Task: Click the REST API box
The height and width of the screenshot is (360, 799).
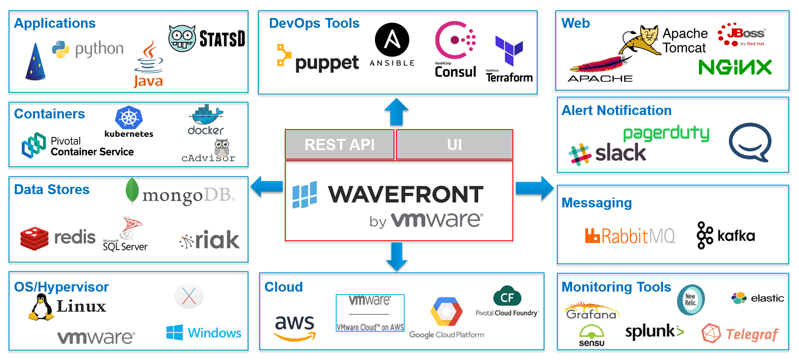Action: coord(339,145)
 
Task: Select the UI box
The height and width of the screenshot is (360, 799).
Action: coord(454,145)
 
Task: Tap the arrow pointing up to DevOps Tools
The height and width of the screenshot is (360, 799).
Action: coord(397,112)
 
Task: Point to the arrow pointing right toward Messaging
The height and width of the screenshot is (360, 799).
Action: coord(534,188)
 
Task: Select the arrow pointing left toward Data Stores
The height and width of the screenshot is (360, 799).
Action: coord(267,187)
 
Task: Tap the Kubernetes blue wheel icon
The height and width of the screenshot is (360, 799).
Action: coord(129,118)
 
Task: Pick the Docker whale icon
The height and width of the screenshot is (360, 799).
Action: coord(206,114)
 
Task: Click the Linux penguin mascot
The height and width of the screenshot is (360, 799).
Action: coord(41,307)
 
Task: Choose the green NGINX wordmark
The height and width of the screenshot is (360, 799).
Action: coord(735,68)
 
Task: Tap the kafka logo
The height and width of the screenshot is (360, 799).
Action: coord(726,235)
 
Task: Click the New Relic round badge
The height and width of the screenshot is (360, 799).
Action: coord(690,300)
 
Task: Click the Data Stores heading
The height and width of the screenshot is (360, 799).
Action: coord(52,189)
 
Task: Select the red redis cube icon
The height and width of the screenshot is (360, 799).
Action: coord(34,238)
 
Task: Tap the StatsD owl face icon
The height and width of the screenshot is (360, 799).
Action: coord(182,38)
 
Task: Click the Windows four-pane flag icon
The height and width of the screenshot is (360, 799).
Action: coord(175,333)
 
